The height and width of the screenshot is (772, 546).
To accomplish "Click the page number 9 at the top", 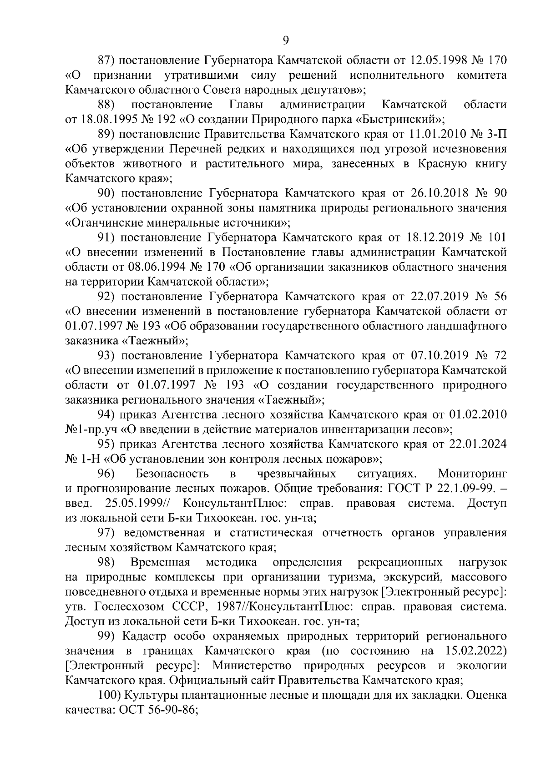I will pyautogui.click(x=285, y=40).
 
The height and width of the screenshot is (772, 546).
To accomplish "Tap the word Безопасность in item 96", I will pyautogui.click(x=172, y=474).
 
